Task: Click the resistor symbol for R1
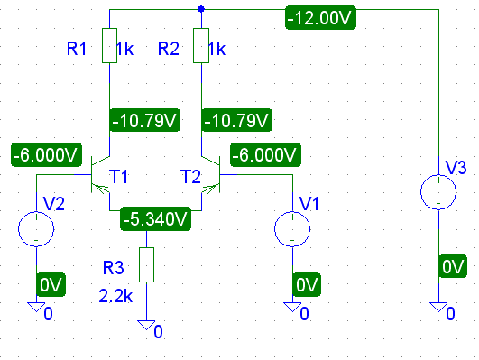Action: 109,46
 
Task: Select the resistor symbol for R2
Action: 201,46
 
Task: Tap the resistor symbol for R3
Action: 147,264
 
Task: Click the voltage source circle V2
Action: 36,228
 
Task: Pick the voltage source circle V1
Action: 292,228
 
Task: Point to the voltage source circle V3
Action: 438,192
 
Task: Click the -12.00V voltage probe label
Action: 320,18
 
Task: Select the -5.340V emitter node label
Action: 155,219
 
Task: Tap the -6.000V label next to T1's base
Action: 46,154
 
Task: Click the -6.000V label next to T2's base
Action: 265,154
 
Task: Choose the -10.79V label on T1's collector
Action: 145,120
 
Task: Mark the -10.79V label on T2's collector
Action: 236,120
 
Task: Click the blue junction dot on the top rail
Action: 201,9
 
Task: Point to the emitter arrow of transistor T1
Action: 101,189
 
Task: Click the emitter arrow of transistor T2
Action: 210,189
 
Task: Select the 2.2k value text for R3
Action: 115,296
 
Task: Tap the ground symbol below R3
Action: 146,325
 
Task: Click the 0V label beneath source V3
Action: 453,266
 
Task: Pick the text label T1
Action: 118,177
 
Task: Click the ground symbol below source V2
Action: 36,307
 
